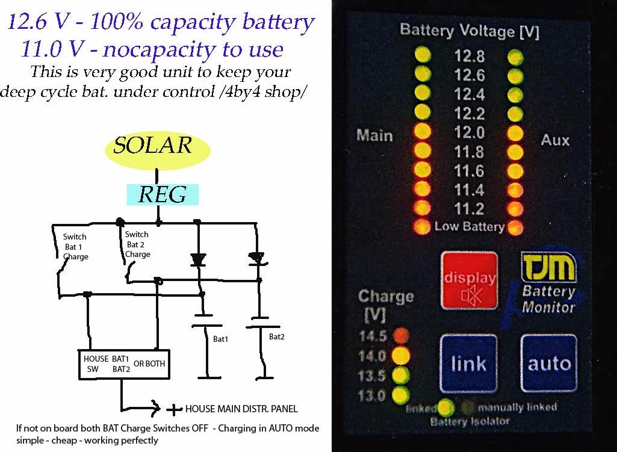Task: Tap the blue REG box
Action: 161,194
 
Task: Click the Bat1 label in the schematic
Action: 221,339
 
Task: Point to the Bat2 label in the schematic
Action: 277,336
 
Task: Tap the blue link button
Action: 468,364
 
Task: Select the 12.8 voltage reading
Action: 469,57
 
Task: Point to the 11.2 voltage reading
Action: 469,209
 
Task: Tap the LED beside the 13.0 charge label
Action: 399,395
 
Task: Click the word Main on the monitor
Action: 374,135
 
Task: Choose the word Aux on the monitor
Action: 554,140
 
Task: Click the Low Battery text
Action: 469,227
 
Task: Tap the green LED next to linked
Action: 445,407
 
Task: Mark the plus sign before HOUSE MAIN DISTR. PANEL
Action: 174,410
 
